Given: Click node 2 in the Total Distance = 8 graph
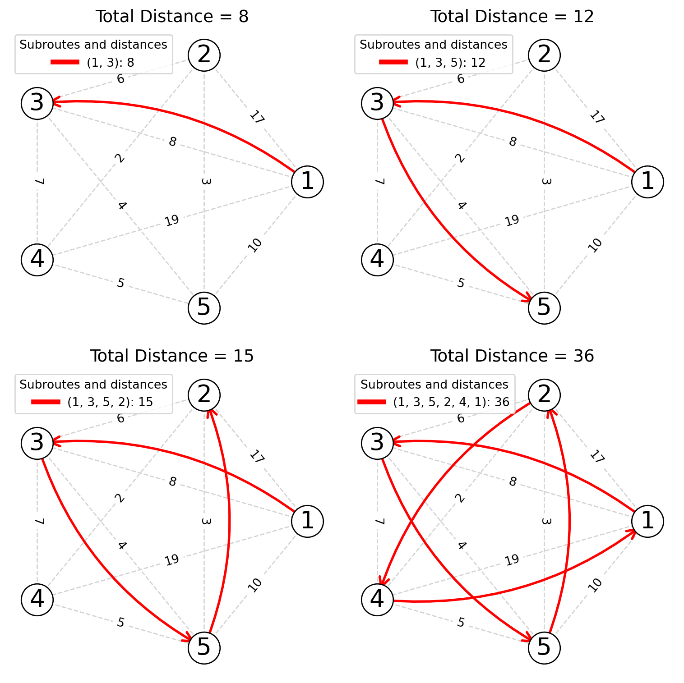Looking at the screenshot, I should (204, 55).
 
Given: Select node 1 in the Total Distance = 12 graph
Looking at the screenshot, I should (647, 182).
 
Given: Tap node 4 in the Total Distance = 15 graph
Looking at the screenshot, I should (37, 600).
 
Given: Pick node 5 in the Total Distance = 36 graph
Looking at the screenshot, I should (544, 648).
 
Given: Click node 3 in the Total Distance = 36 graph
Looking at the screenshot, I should (377, 443).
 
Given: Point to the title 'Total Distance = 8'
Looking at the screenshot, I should (172, 17).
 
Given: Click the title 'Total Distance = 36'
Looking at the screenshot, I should (512, 356).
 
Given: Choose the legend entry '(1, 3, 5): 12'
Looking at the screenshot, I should (450, 62).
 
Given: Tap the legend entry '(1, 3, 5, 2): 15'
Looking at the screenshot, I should (110, 402).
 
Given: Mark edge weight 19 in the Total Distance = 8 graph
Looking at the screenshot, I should (172, 220).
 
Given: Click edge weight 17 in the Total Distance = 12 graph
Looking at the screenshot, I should (596, 117).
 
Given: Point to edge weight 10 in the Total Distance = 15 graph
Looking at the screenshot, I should (254, 585).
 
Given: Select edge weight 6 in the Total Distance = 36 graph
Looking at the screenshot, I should (460, 418).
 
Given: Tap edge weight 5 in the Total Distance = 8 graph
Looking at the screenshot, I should (120, 283).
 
